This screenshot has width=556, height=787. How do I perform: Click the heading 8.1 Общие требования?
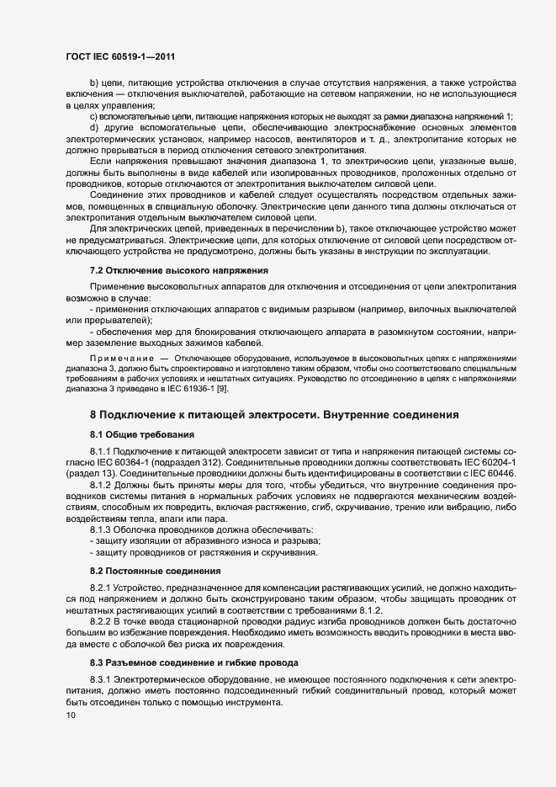pos(142,434)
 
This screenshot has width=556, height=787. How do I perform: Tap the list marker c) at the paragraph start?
pos(94,116)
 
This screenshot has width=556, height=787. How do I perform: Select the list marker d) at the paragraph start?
pos(94,126)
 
